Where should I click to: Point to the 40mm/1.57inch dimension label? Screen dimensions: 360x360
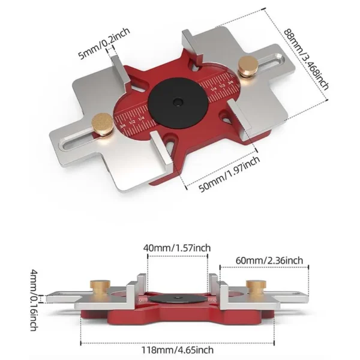177,247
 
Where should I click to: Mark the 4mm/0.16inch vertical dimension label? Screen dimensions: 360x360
35,300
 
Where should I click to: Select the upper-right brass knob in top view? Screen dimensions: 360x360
245,64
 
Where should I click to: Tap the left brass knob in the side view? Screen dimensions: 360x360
97,286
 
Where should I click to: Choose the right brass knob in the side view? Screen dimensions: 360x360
253,286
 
